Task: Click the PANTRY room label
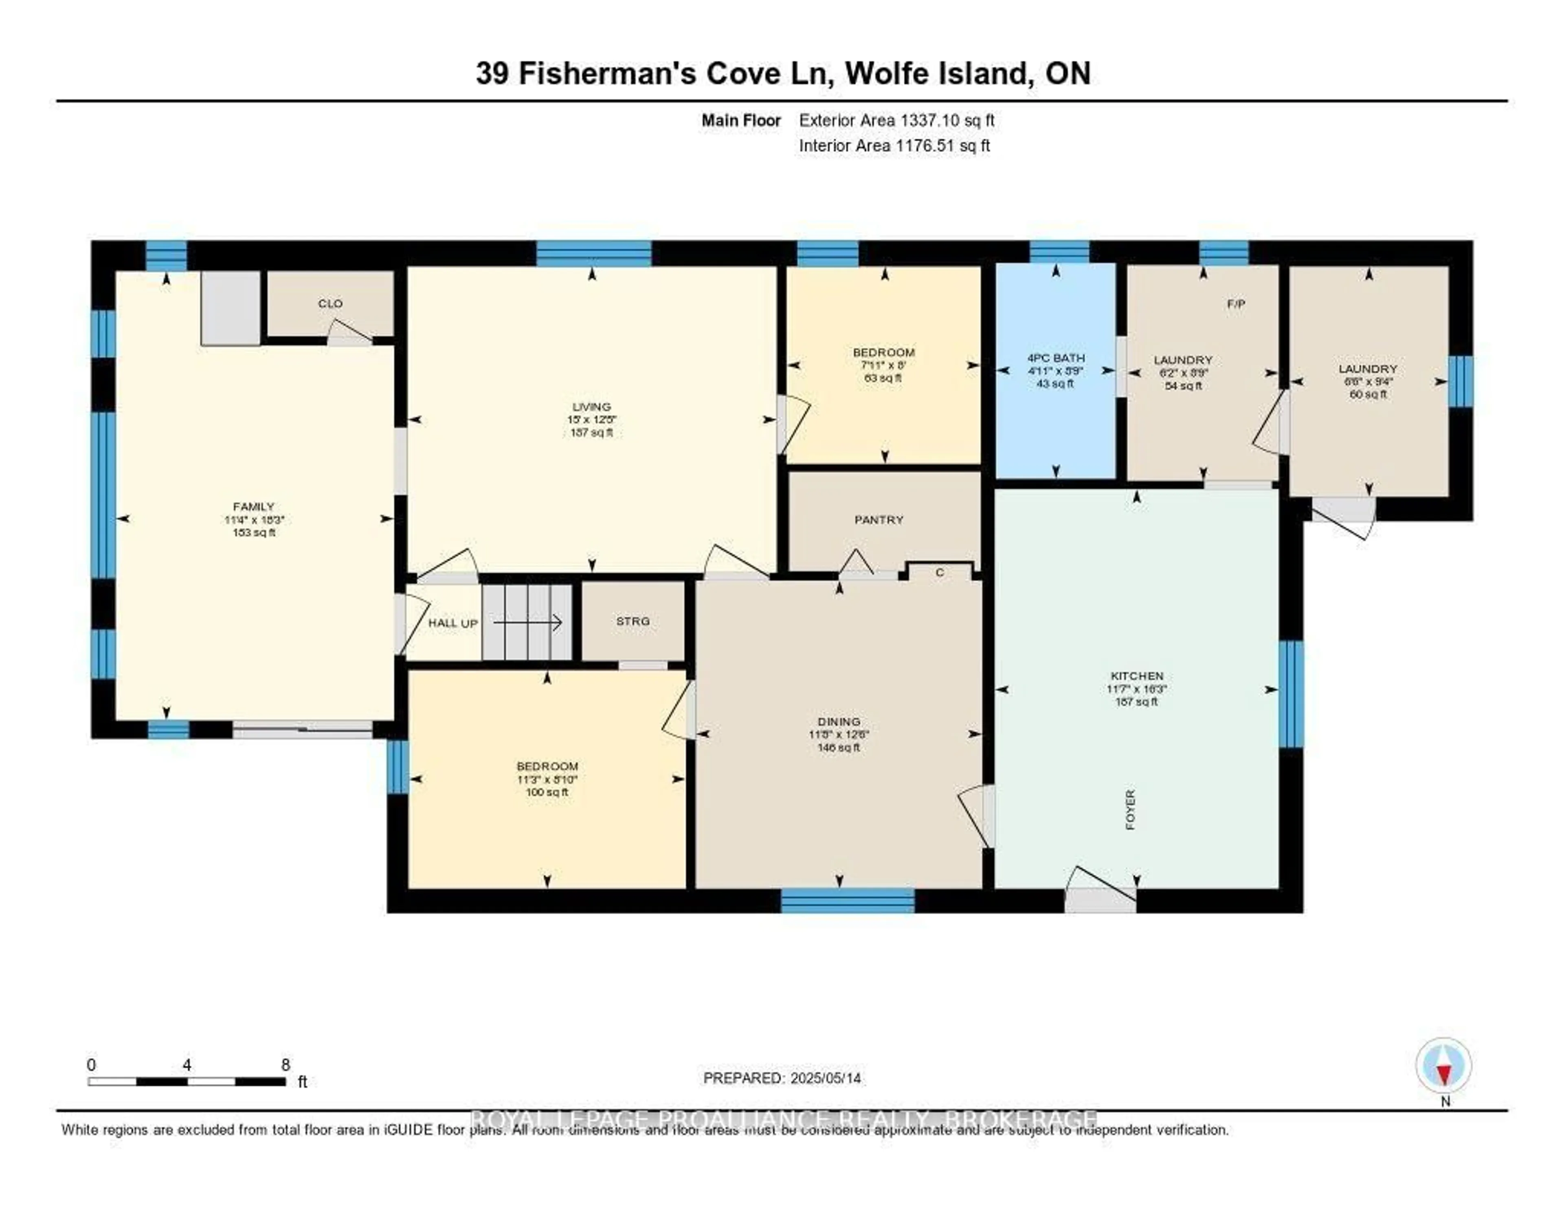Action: [879, 520]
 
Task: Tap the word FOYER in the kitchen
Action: [1131, 809]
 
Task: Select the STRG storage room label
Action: [633, 621]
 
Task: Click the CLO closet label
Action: [330, 303]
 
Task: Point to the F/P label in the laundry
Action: [1236, 303]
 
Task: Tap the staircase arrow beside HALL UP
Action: [528, 623]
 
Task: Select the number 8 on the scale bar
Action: [286, 1065]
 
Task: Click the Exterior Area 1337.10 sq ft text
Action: [896, 120]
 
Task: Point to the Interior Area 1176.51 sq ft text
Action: [894, 145]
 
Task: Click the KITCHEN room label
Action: [1136, 675]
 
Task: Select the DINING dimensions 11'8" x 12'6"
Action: [839, 735]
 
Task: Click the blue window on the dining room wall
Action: [847, 900]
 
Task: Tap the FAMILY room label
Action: [253, 506]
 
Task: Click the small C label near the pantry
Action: [940, 572]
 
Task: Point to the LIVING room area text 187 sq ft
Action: [591, 433]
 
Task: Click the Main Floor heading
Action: [740, 120]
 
